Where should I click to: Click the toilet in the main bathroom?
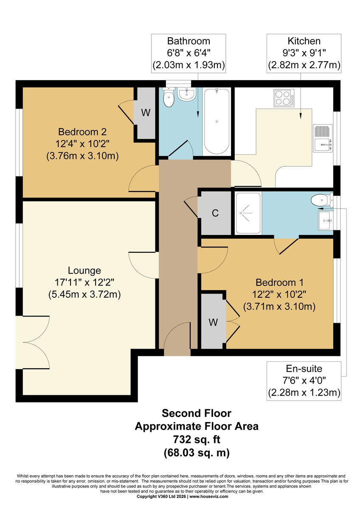click(169, 97)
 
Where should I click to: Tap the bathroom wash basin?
click(186, 94)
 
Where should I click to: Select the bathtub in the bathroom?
click(217, 122)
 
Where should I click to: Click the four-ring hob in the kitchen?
click(284, 98)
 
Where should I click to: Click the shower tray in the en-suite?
click(248, 213)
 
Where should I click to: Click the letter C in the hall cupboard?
click(215, 213)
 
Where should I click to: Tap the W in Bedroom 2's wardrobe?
click(146, 112)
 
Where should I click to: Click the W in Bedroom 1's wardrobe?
click(213, 322)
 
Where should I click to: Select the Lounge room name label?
click(84, 271)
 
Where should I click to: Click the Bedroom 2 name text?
click(82, 132)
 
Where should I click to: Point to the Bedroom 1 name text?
click(279, 282)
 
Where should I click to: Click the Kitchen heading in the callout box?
click(304, 41)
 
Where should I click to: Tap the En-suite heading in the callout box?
click(304, 369)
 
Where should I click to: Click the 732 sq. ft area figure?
click(197, 439)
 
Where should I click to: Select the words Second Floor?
click(197, 413)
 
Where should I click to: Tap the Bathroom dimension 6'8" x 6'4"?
click(189, 53)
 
